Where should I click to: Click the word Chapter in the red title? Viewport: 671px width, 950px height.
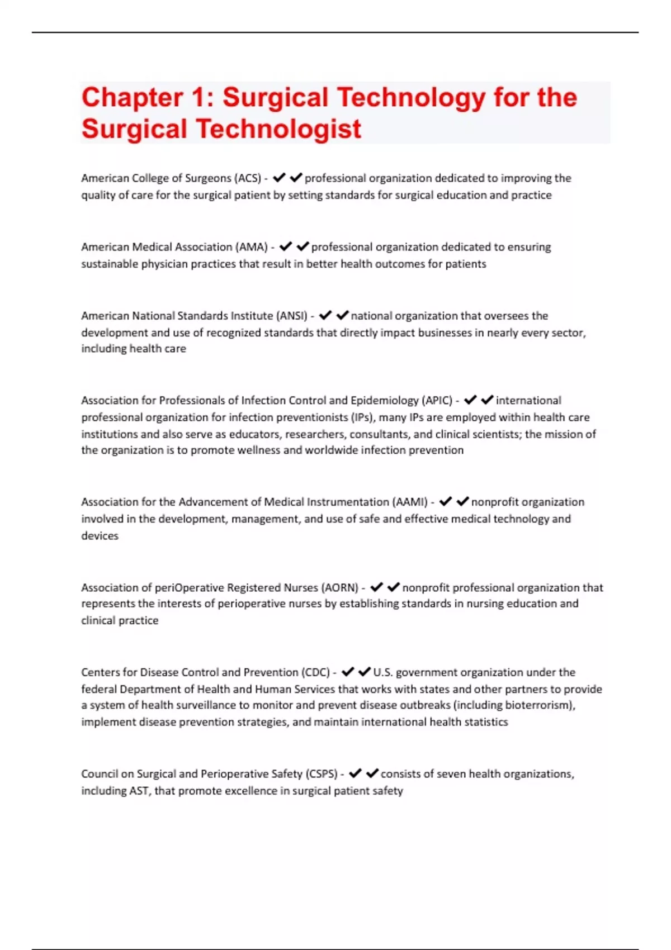tap(132, 98)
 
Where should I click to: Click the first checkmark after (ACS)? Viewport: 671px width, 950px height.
tap(279, 178)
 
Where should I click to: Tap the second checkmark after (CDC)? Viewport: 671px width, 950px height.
tap(365, 672)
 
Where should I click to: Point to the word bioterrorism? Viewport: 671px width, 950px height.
tap(538, 705)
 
